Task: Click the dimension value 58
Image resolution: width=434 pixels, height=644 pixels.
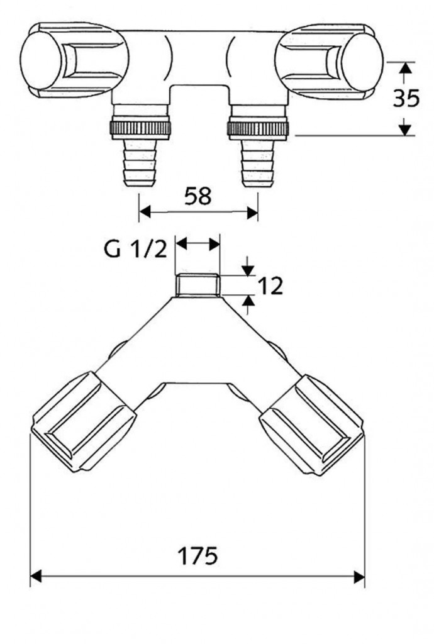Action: click(198, 196)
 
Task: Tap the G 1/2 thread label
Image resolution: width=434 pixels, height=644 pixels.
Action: click(135, 250)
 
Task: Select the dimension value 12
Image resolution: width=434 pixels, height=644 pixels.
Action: click(269, 286)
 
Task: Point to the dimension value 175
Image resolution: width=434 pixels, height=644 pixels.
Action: click(197, 556)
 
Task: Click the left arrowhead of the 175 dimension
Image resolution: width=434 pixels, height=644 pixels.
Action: click(36, 576)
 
